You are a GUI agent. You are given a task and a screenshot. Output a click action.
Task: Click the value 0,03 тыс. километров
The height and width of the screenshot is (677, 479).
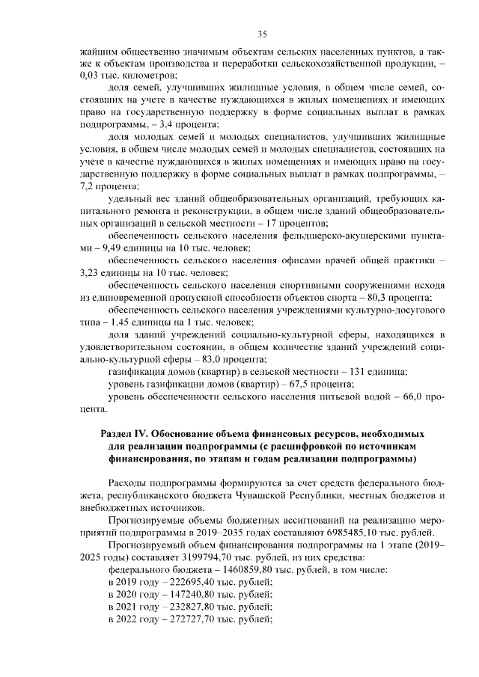pyautogui.click(x=127, y=76)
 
